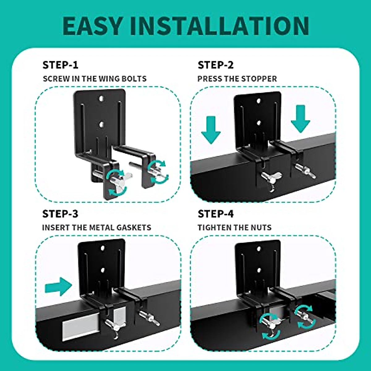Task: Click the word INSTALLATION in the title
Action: pyautogui.click(x=219, y=26)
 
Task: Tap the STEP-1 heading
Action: pyautogui.click(x=61, y=65)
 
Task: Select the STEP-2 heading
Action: pyautogui.click(x=216, y=65)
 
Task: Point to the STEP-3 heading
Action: pyautogui.click(x=61, y=214)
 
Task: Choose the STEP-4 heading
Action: pyautogui.click(x=216, y=214)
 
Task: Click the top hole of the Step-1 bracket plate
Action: pyautogui.click(x=101, y=99)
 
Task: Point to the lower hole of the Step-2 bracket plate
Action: pyautogui.click(x=259, y=123)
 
